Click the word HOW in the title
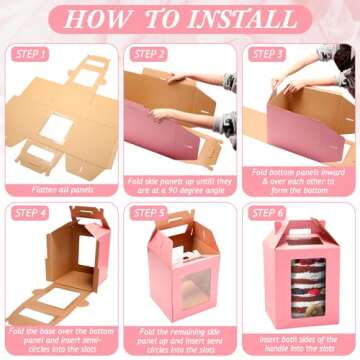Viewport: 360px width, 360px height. (x=104, y=19)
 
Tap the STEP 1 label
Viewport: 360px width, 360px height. (x=33, y=54)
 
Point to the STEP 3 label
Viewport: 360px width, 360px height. (x=267, y=54)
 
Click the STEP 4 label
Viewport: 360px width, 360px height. (x=33, y=212)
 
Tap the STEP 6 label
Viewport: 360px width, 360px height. (x=267, y=212)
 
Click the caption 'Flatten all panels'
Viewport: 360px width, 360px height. (x=60, y=176)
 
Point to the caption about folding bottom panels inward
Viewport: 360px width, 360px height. (x=297, y=181)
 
